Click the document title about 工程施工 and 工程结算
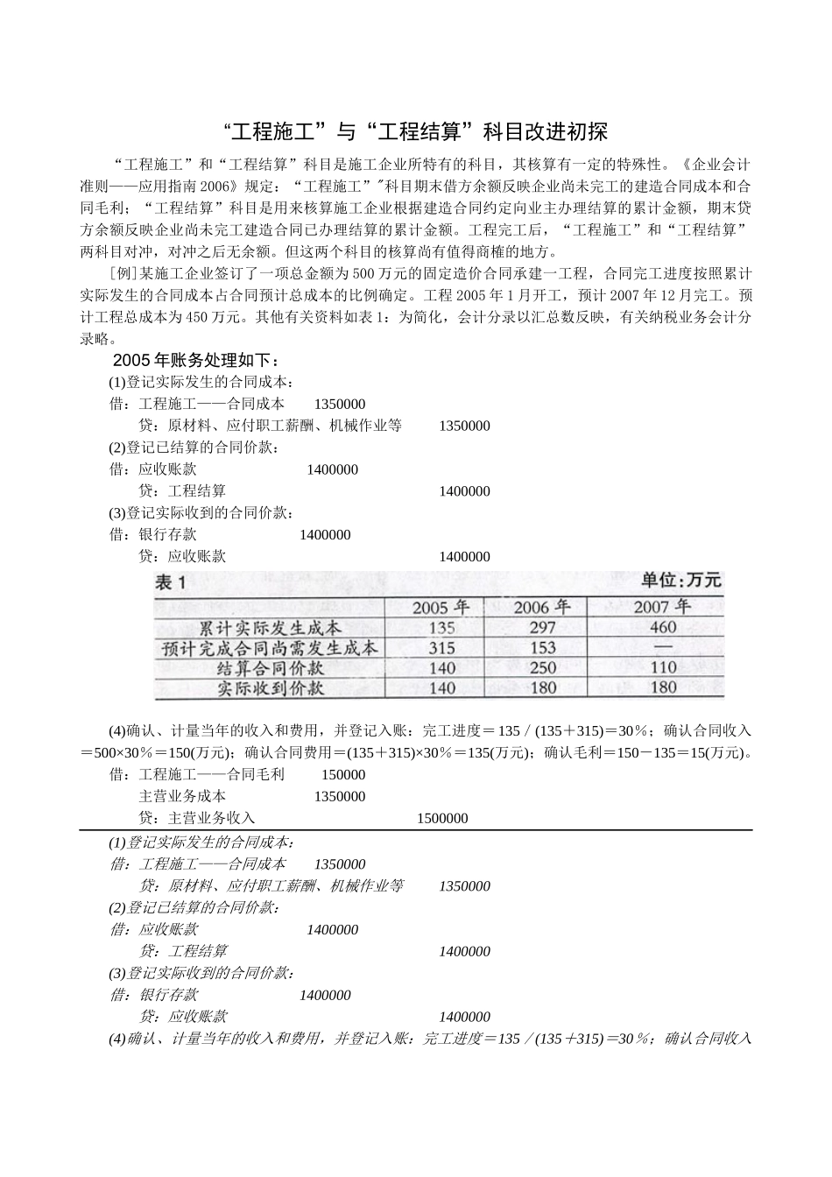pos(416,132)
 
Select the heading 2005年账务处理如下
pos(196,361)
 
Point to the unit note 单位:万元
pos(681,581)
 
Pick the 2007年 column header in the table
pos(662,607)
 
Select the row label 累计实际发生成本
pos(270,628)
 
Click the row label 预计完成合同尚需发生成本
pos(270,648)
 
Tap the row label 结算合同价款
pos(270,668)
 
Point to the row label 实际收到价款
pos(270,688)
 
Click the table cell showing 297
pos(543,628)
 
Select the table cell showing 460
pos(663,627)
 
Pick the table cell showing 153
pos(543,648)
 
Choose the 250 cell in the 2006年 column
pos(543,668)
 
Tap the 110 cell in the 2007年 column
pos(663,668)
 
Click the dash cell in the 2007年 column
pos(663,648)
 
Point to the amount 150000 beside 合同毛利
pos(343,775)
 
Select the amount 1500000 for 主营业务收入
pos(442,819)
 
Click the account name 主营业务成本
pos(182,797)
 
